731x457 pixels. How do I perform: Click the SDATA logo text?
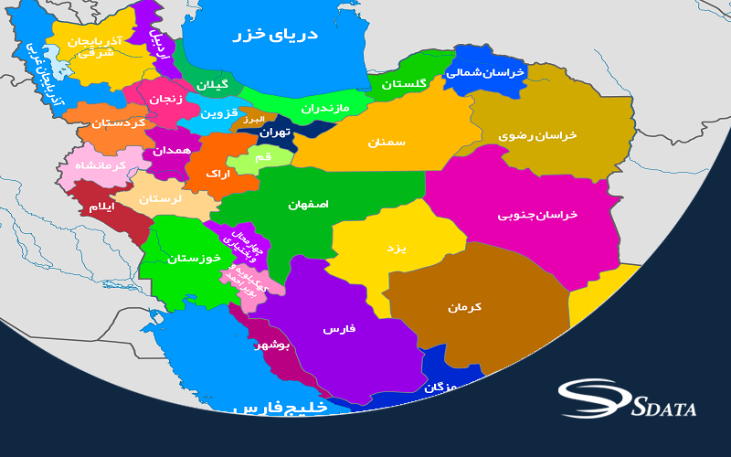[663, 407]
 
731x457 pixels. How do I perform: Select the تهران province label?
[274, 133]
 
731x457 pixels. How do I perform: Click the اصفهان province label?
[308, 205]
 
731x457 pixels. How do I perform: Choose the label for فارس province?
[339, 328]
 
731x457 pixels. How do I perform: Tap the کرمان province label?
[464, 307]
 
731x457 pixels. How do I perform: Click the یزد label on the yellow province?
[396, 249]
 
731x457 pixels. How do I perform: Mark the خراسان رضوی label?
[537, 135]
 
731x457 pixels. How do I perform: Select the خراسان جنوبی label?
[538, 215]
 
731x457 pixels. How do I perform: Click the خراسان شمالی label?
[486, 71]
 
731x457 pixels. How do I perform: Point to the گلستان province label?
[404, 84]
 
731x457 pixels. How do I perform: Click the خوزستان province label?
[194, 259]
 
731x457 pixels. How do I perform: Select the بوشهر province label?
[270, 345]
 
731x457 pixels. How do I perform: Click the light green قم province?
[260, 157]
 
